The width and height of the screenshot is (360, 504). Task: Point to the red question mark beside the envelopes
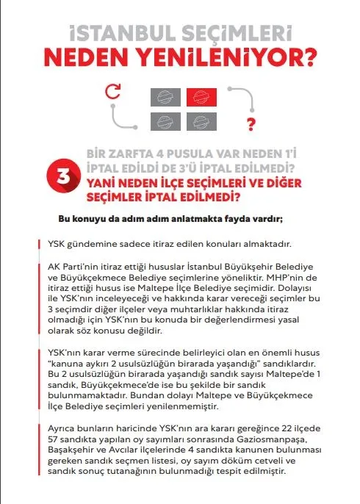pos(251,122)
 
